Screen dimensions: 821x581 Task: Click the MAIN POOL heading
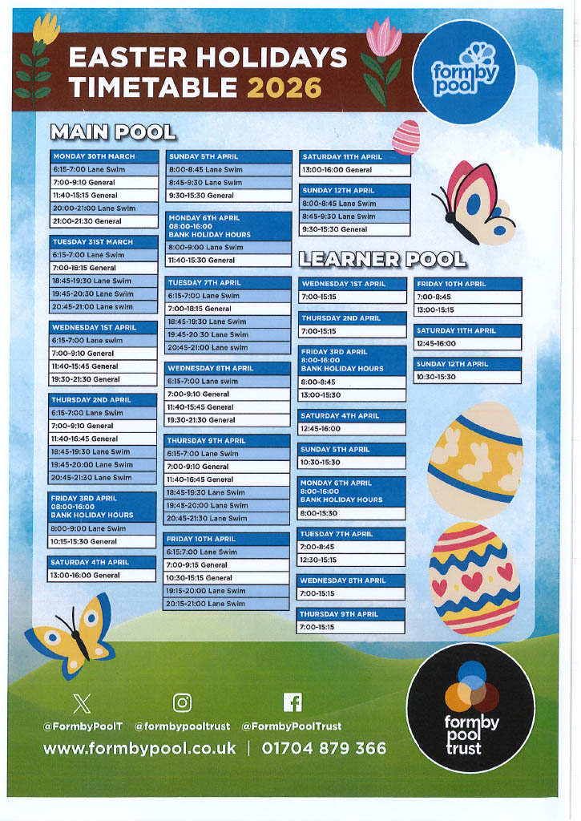coord(113,131)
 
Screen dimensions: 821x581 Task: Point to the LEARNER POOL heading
coord(382,258)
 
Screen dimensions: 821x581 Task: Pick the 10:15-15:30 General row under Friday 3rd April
coord(102,542)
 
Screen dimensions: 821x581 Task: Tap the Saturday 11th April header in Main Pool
coord(355,157)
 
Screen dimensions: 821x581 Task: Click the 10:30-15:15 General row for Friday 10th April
coord(226,578)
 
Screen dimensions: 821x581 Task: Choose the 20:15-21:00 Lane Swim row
coord(226,604)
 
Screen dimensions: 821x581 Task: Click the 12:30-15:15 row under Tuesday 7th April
coord(351,560)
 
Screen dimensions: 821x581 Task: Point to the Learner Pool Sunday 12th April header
coord(468,364)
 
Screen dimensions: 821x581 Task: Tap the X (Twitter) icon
coord(82,703)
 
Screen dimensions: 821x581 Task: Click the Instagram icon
coord(183,703)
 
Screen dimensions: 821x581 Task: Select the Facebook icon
coord(293,703)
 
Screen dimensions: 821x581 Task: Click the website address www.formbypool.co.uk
coord(139,748)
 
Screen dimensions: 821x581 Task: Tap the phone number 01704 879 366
coord(324,748)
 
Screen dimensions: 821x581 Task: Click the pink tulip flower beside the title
coord(382,40)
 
